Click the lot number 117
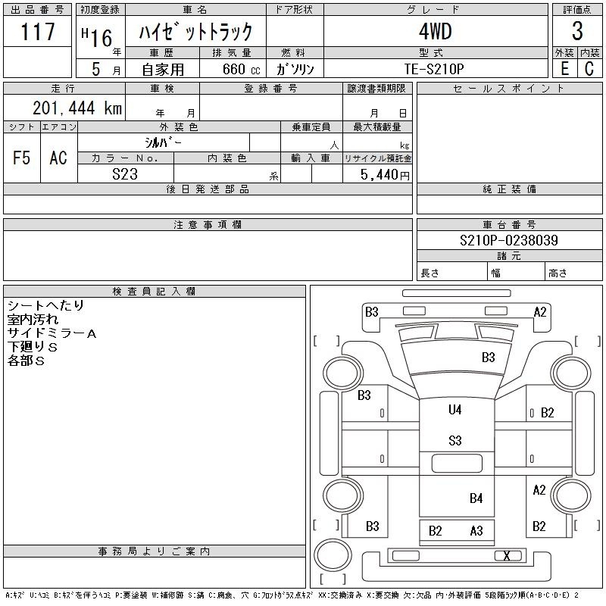click(x=37, y=32)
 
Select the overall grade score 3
click(x=577, y=31)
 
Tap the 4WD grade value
click(x=435, y=31)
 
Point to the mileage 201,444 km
click(x=77, y=108)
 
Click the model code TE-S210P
click(x=434, y=69)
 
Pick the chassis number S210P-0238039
click(x=509, y=240)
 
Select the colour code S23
click(x=125, y=174)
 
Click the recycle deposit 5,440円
click(x=385, y=175)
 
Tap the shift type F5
click(x=21, y=158)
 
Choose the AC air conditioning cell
click(x=58, y=158)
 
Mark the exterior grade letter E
click(x=564, y=68)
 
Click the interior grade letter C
click(x=589, y=68)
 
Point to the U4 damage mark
click(x=455, y=410)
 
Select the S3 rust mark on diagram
click(x=455, y=441)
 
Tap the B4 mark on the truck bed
click(x=476, y=498)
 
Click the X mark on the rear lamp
click(x=507, y=556)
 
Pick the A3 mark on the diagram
click(x=476, y=531)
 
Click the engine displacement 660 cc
click(x=241, y=69)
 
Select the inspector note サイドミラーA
click(x=52, y=333)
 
